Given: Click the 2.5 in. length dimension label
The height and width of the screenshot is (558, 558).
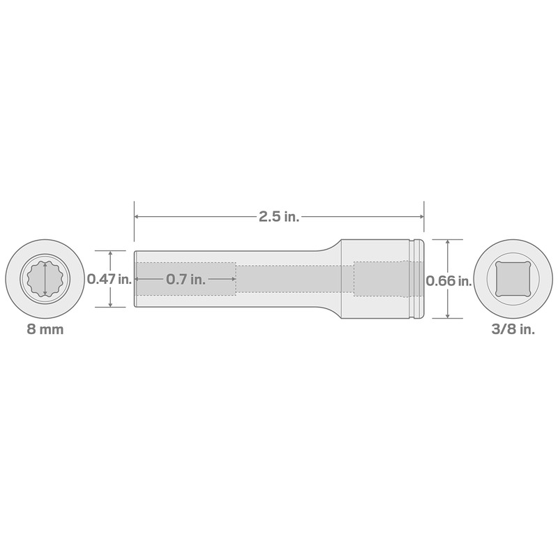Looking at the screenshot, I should click(279, 217).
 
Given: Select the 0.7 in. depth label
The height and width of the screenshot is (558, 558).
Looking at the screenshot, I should click(186, 279).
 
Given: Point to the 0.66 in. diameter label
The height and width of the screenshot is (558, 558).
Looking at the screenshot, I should click(448, 280).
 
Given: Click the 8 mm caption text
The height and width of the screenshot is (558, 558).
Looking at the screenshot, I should click(45, 329).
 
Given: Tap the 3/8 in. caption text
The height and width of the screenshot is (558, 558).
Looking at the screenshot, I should click(513, 329).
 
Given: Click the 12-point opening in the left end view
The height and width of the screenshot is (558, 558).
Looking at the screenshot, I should click(45, 279).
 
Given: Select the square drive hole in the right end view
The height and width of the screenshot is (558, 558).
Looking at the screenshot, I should click(513, 279).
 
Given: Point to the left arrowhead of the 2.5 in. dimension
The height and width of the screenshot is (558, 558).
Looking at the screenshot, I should click(137, 217).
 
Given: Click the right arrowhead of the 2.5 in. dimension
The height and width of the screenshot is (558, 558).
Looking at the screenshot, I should click(421, 217).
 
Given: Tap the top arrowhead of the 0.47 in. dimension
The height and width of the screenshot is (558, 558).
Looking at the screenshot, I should click(110, 254).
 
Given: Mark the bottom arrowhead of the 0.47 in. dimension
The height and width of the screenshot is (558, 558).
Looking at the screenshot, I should click(110, 304).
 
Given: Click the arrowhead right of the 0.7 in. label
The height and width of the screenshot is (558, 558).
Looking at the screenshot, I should click(231, 279).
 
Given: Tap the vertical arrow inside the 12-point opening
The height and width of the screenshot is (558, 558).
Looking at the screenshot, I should click(45, 279).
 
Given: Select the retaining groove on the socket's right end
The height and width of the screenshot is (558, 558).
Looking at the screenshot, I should click(416, 279).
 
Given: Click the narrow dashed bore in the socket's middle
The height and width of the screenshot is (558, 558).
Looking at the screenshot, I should click(293, 279).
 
